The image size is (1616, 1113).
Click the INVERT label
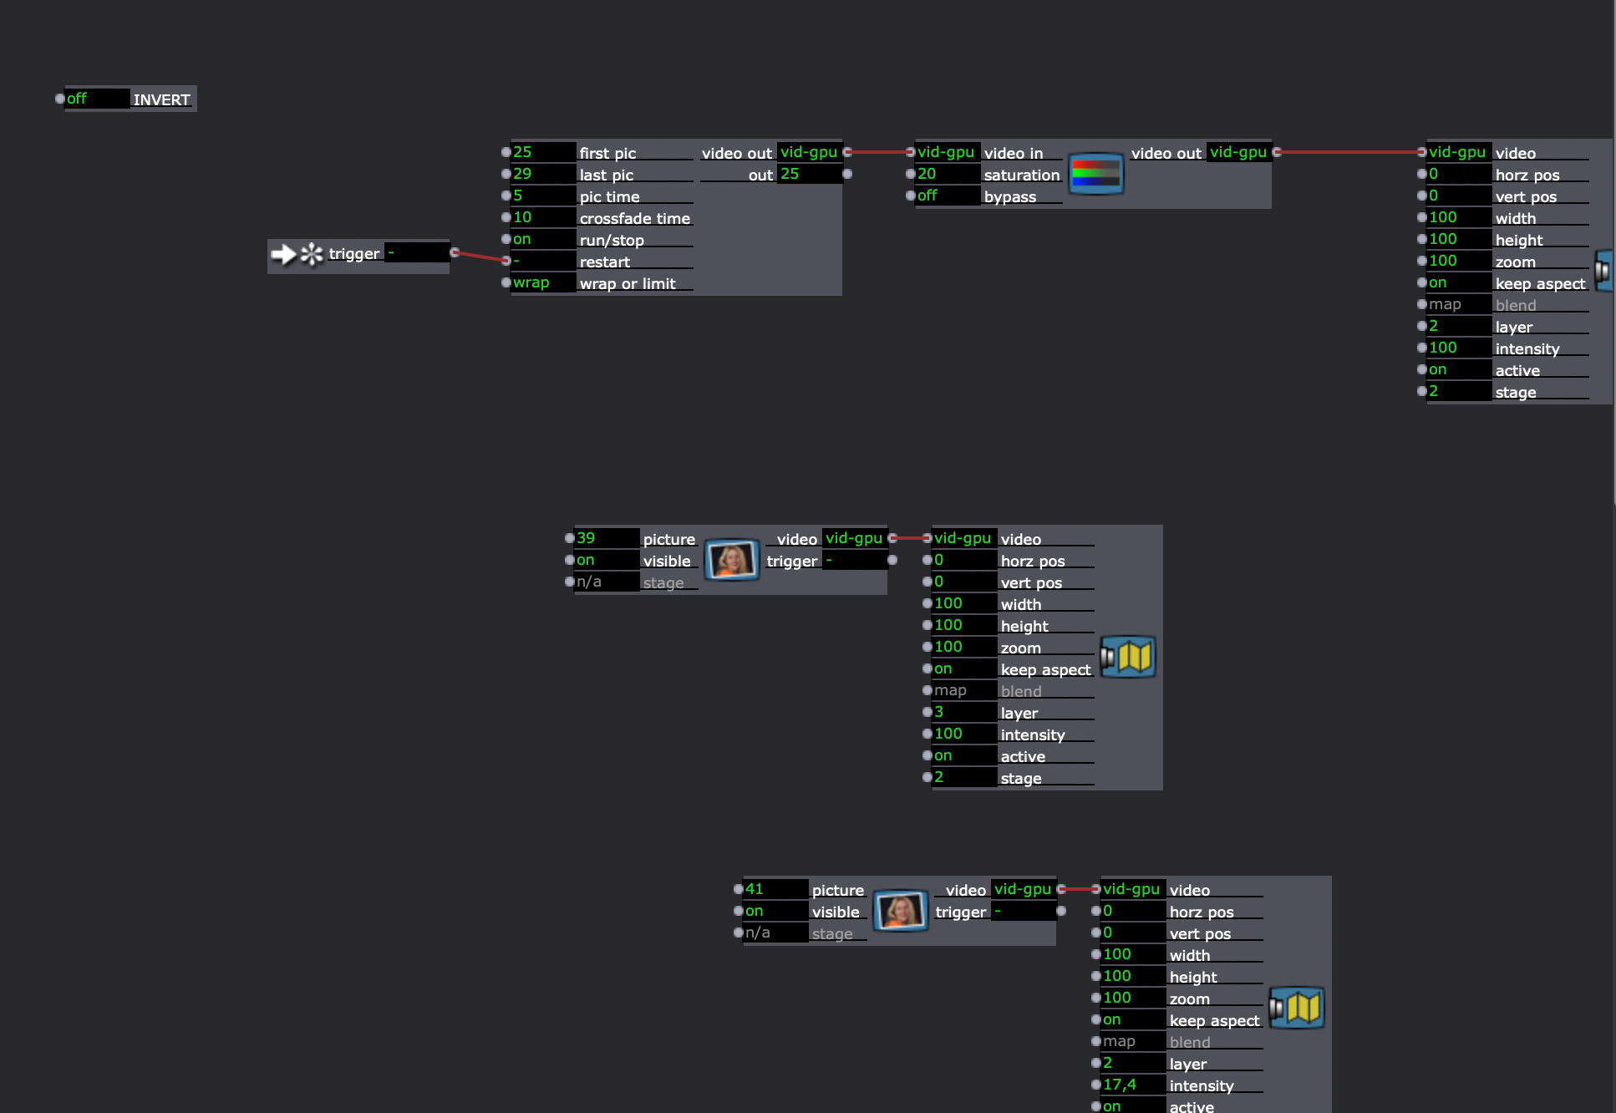coord(161,99)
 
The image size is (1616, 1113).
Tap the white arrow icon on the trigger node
coord(284,254)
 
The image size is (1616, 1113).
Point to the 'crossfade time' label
coord(634,218)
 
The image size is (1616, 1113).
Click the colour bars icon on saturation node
coord(1095,174)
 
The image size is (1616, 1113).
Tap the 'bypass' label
coord(1009,196)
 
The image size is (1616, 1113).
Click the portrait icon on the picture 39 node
coord(731,560)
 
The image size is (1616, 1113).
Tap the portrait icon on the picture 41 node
coord(901,911)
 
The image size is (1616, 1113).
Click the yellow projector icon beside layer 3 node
coord(1129,657)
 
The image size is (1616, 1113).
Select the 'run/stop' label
coord(612,240)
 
